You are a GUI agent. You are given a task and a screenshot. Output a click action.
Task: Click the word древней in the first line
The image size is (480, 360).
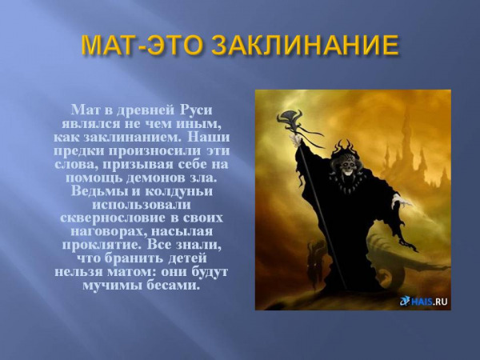[142, 110]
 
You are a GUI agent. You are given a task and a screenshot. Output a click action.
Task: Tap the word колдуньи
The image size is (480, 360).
[178, 191]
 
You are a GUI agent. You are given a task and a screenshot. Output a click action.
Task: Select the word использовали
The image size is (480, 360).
[142, 205]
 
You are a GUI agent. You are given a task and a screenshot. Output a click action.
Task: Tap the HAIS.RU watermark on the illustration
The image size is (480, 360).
[424, 302]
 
